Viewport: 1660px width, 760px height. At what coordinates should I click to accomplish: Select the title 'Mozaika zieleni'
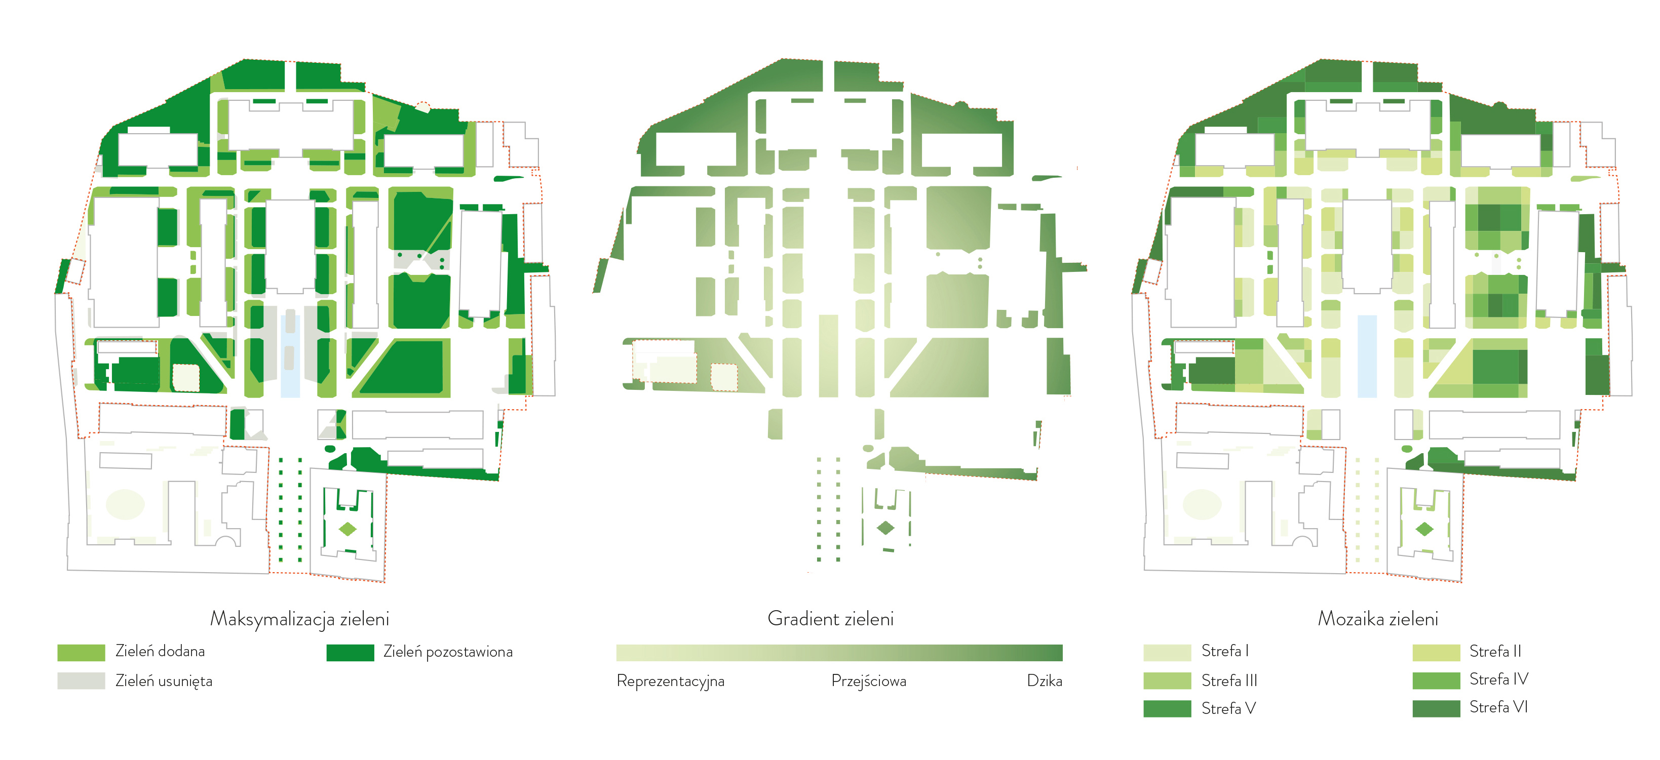click(x=1378, y=619)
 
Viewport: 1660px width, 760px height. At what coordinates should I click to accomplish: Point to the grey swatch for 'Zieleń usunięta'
click(x=81, y=681)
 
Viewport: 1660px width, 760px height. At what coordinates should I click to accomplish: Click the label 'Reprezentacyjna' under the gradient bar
click(x=670, y=681)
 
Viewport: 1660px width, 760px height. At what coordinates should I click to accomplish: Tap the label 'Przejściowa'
click(x=868, y=681)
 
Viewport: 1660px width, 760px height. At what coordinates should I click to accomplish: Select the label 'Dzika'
click(x=1044, y=681)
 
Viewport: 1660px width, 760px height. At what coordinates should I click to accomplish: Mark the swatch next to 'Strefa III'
click(x=1167, y=681)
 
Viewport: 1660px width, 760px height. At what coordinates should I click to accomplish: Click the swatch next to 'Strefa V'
click(x=1167, y=708)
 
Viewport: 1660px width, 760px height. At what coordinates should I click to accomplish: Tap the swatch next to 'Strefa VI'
click(x=1436, y=708)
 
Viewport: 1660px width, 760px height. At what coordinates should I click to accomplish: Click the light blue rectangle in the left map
click(x=290, y=356)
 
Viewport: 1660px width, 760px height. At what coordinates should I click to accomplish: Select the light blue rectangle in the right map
click(x=1367, y=356)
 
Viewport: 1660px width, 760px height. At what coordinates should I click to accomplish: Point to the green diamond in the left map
click(x=348, y=530)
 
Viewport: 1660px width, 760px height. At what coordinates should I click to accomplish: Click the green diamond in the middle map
click(x=885, y=528)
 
